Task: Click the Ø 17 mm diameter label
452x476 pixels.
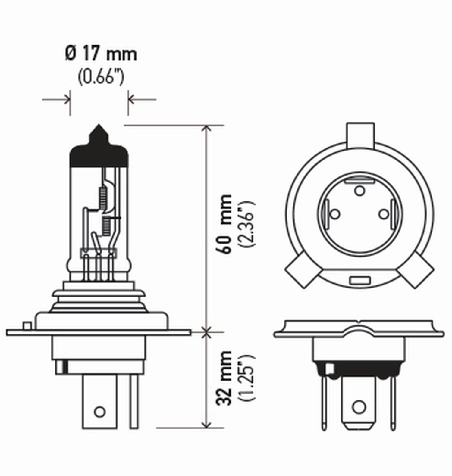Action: point(101,54)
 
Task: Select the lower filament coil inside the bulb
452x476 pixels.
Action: point(106,226)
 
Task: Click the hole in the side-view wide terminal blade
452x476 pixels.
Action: point(99,412)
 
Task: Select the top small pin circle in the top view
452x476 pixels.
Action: point(359,190)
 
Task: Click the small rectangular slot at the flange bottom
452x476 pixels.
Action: point(360,281)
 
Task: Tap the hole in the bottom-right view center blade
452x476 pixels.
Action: point(359,407)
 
